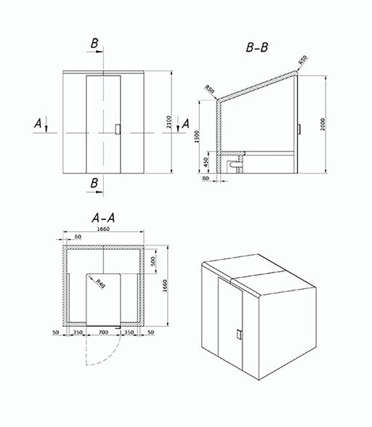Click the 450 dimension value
click(206, 161)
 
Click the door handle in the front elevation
click(117, 129)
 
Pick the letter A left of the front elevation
click(37, 124)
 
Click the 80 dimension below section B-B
click(206, 178)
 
